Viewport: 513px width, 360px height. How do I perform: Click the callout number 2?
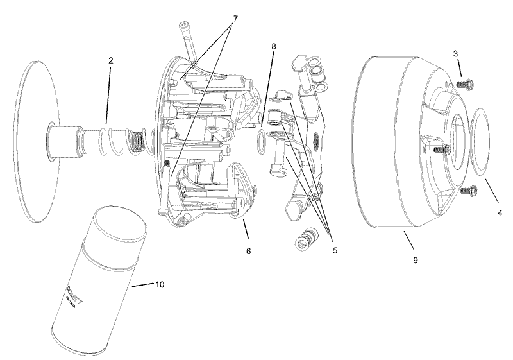click(110, 60)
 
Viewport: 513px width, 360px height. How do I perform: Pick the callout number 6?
click(248, 251)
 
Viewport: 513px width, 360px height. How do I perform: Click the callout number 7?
click(235, 19)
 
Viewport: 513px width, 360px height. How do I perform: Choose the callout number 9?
click(415, 260)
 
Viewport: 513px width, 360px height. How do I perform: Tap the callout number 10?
click(160, 284)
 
